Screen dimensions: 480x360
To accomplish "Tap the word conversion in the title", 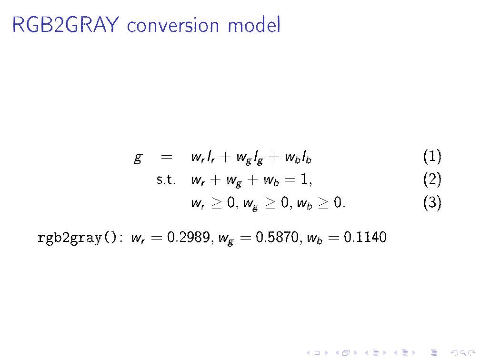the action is (173, 26).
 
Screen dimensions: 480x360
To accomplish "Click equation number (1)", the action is (432, 156).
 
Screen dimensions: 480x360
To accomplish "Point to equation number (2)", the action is (432, 180).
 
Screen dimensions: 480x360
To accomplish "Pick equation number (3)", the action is (432, 202).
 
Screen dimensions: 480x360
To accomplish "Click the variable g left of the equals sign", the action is (138, 158).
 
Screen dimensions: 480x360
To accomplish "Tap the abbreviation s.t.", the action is (166, 180).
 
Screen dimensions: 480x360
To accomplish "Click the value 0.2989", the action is (188, 237).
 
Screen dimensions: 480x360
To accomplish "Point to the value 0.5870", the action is (277, 237).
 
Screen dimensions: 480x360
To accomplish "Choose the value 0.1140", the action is (365, 237).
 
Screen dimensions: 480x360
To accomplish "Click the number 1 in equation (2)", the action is (304, 179).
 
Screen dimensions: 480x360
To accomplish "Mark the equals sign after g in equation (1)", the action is (166, 157).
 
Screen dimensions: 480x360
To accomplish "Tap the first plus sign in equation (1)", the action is (225, 157).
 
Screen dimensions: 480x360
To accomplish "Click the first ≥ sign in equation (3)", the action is (216, 203).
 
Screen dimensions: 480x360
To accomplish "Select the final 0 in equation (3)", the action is (337, 202).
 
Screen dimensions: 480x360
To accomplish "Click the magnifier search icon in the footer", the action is (463, 353).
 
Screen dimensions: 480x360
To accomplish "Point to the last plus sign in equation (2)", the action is (252, 180).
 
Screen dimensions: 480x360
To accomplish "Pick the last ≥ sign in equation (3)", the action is (323, 203).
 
